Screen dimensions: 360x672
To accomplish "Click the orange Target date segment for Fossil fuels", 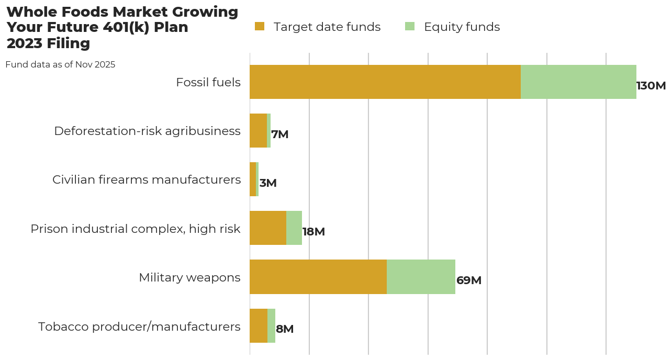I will pos(385,82).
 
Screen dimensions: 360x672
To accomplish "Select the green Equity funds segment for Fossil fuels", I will pos(578,82).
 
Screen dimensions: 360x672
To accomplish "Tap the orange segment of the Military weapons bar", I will pos(318,277).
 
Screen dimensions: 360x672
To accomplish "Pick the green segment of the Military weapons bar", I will pos(421,277).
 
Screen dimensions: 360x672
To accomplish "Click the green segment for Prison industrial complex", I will pos(294,228).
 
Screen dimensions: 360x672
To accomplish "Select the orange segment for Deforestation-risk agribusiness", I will pos(258,131).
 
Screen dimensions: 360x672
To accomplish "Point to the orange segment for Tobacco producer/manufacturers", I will pos(259,325).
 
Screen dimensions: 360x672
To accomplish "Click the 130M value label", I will pos(651,86).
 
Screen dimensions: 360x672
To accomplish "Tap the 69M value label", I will pos(469,280).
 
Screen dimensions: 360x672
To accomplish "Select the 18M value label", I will pos(313,232).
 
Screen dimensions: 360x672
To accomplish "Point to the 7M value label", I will pos(280,134).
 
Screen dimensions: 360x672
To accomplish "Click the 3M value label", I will pos(268,183).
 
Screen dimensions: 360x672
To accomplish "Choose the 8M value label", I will pos(285,329).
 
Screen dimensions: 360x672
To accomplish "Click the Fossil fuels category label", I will pos(208,82).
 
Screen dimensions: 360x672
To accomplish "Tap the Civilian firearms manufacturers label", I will pos(147,179).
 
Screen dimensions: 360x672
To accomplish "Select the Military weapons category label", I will pos(189,277).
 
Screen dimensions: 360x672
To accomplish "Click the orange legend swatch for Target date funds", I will pos(260,27).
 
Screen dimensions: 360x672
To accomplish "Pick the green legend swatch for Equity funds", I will pos(410,27).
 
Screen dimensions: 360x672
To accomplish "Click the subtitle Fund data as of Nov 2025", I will pos(60,65).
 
